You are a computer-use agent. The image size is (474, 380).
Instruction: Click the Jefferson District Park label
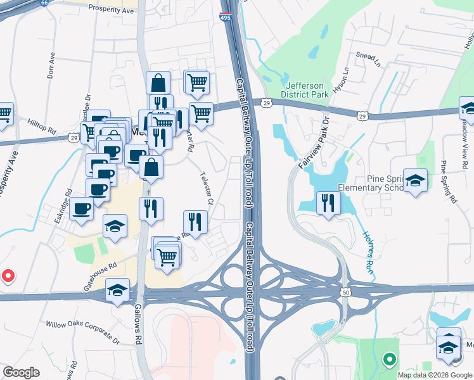[x=307, y=90]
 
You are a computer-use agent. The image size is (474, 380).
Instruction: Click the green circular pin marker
[x=389, y=360]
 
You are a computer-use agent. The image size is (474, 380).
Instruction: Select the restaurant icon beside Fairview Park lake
[x=328, y=203]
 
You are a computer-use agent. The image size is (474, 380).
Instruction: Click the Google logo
[x=21, y=372]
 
